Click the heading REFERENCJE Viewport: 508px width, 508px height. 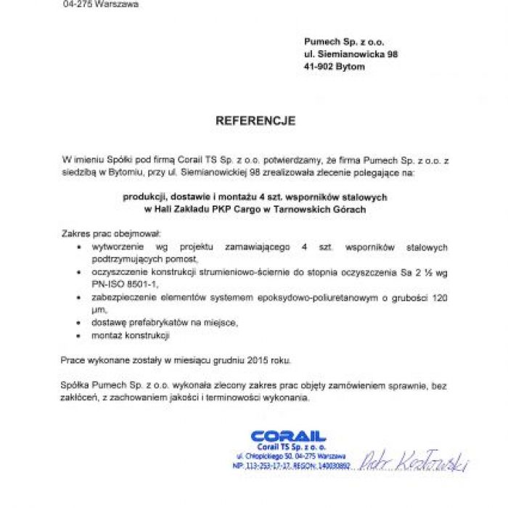click(x=255, y=121)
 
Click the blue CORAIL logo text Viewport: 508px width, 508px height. click(x=288, y=437)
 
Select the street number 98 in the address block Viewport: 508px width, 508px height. click(x=391, y=54)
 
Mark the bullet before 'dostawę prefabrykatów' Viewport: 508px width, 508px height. click(x=78, y=322)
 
